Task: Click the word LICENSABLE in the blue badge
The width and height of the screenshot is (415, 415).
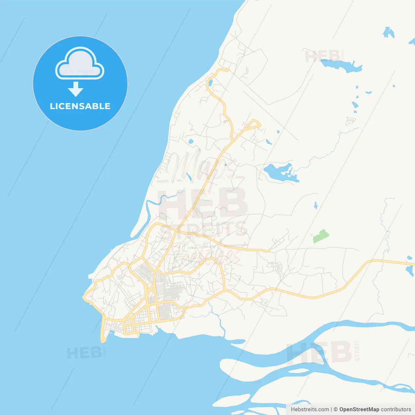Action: [80, 106]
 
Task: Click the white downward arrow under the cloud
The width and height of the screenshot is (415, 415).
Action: [76, 89]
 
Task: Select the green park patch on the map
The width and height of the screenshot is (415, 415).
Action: [321, 236]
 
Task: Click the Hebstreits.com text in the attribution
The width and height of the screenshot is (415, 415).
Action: [310, 409]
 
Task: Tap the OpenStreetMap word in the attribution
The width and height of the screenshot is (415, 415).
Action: [359, 409]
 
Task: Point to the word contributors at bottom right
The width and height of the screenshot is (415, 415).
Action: [396, 409]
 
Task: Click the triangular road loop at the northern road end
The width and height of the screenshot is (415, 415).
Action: [254, 124]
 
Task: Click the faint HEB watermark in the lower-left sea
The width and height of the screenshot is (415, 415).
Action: [84, 353]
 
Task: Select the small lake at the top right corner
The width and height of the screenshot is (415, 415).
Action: [388, 32]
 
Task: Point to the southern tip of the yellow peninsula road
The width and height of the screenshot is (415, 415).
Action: [103, 341]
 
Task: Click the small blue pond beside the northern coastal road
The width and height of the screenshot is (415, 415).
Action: [210, 83]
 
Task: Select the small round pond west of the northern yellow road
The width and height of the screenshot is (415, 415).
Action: [191, 141]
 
